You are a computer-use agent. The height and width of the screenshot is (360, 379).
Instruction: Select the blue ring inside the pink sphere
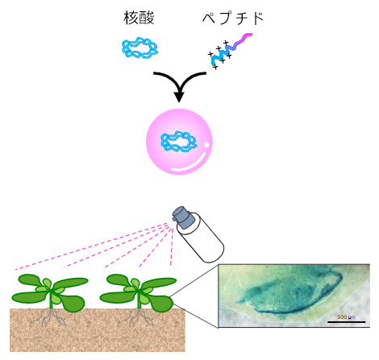click(x=178, y=142)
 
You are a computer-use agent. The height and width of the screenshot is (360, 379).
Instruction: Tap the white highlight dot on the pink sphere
click(x=207, y=146)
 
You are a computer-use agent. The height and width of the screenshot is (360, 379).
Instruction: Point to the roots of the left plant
click(x=52, y=320)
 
